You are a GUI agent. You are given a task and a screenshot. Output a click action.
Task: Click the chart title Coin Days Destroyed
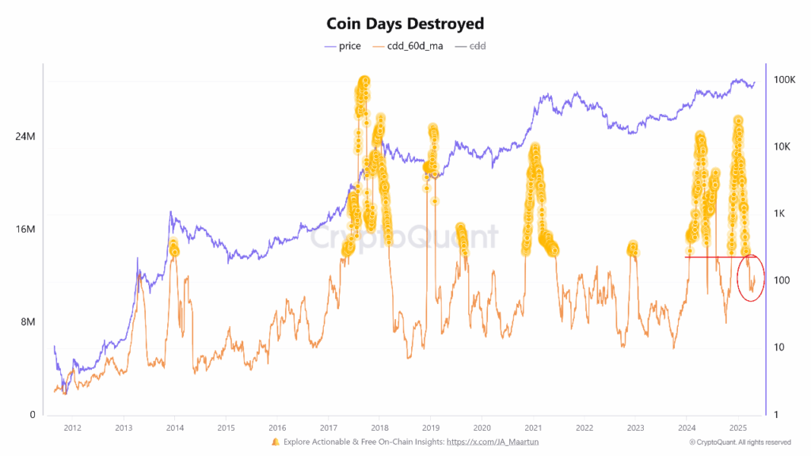405,24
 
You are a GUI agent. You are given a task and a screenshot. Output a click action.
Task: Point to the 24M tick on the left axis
25,137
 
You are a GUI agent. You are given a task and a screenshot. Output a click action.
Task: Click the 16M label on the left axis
25,230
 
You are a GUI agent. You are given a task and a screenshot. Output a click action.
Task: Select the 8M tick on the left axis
27,322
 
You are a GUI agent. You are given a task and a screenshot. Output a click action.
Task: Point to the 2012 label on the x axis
72,428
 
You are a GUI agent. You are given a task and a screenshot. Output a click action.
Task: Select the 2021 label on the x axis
533,428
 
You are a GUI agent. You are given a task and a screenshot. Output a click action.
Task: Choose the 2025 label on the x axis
737,428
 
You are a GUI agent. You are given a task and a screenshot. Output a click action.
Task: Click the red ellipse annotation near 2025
750,278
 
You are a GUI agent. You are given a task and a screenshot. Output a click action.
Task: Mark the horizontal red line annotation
713,256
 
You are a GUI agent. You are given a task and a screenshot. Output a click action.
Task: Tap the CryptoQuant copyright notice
740,442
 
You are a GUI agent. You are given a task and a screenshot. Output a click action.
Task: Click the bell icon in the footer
276,441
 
